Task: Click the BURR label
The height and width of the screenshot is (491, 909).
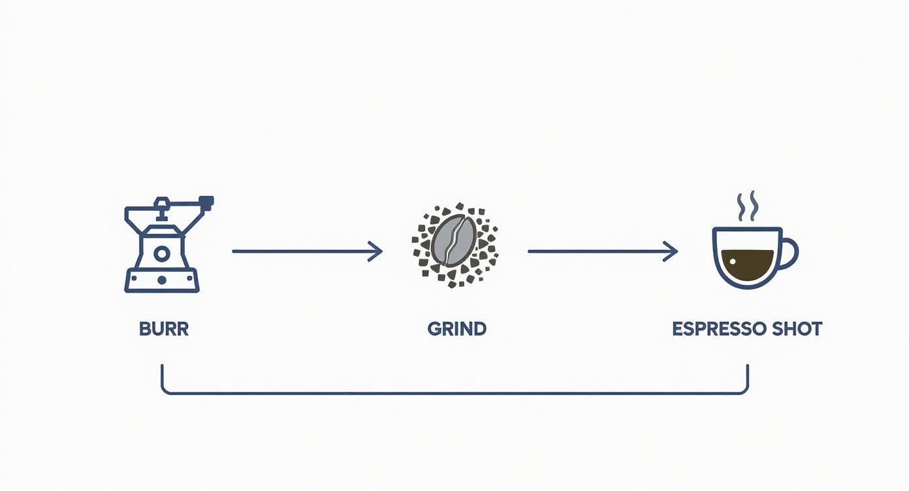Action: (164, 328)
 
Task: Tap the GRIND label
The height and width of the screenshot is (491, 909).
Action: (457, 328)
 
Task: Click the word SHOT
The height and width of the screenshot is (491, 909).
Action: (797, 328)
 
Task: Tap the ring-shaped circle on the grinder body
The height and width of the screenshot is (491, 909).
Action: (161, 254)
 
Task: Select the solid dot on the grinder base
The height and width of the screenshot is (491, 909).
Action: (161, 280)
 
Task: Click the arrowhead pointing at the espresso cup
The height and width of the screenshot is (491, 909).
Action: (671, 251)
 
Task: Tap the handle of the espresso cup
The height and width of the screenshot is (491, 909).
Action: (789, 253)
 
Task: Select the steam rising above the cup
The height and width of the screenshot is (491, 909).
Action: (747, 206)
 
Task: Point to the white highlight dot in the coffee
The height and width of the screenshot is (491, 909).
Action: (733, 262)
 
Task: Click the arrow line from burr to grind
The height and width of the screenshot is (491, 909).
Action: (307, 251)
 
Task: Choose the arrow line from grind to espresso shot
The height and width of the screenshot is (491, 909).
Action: (603, 251)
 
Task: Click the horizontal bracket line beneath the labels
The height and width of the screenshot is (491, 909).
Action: (455, 393)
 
